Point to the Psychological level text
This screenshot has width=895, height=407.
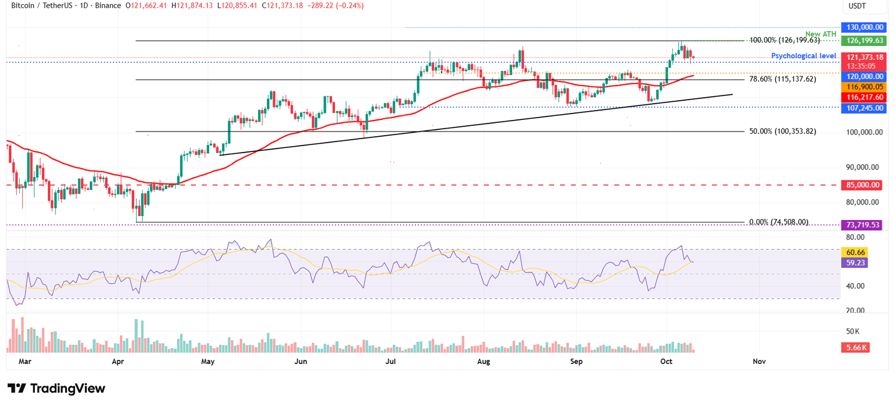(804, 56)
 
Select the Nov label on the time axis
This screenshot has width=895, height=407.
(759, 362)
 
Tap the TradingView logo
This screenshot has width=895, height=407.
(57, 389)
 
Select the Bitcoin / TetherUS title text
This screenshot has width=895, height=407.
(43, 6)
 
